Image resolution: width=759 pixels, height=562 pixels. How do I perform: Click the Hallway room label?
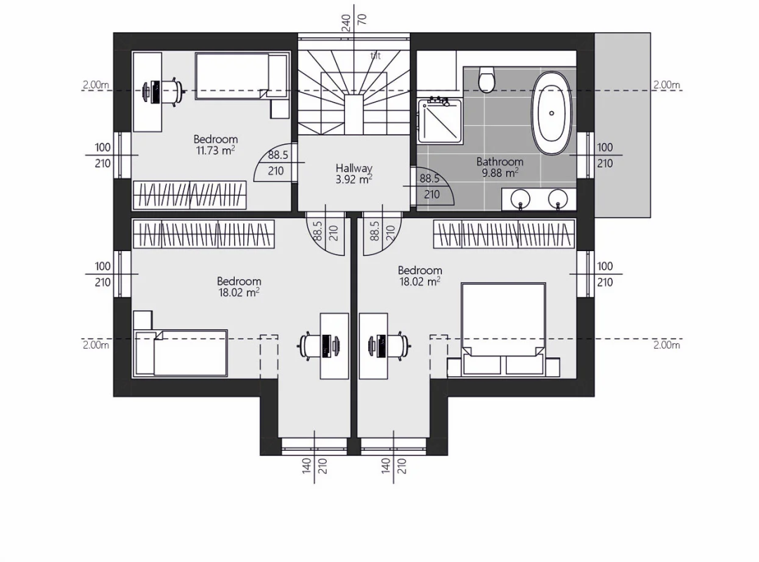point(353,168)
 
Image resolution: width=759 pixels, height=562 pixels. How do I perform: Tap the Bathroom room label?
point(500,161)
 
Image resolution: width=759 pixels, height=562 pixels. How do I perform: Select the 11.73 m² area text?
point(216,151)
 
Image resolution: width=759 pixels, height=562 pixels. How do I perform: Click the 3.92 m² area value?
point(353,180)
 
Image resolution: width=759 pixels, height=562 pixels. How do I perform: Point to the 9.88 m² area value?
point(500,173)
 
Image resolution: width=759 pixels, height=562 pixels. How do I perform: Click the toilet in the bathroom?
point(486,79)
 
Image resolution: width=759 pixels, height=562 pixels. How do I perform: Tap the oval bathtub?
point(552,113)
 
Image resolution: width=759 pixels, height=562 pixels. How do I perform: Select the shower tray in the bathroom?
point(439,120)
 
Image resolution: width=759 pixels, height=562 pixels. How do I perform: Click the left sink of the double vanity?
point(521,198)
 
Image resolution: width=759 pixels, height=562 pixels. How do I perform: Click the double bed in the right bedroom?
point(503,328)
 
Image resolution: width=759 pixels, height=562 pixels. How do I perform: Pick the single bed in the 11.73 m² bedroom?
point(241,77)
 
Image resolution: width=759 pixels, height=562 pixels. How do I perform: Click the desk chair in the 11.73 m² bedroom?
point(169,91)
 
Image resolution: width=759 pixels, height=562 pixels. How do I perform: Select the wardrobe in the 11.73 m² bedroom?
point(190,196)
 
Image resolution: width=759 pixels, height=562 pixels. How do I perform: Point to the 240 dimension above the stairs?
point(346,23)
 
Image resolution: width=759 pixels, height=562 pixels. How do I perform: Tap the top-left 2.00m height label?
point(96,84)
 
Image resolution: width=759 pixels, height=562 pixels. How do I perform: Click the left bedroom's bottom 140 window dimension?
point(306,466)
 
